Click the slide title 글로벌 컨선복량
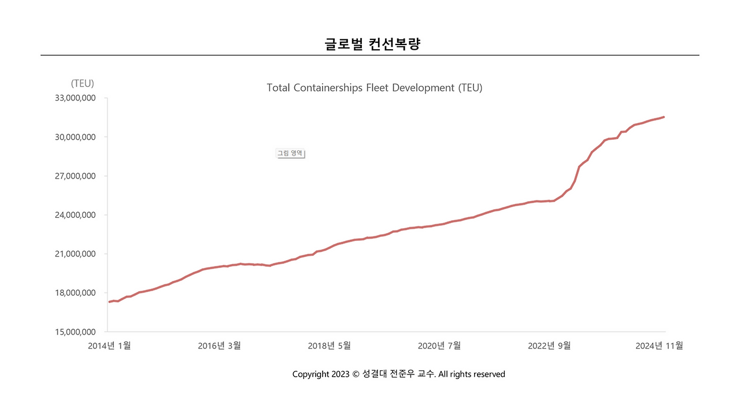tap(372, 44)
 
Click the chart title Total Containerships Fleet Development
tap(374, 88)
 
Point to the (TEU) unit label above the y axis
tap(82, 83)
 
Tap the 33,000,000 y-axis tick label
tap(75, 98)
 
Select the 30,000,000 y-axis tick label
tap(75, 137)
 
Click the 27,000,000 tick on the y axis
tap(75, 176)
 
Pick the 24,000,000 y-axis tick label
tap(75, 215)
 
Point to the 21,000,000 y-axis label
tap(75, 254)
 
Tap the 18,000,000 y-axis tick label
tap(75, 293)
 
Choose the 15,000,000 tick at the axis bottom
tap(75, 332)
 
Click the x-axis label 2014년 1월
tap(109, 346)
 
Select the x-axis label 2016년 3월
tap(219, 346)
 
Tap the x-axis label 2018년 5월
tap(329, 346)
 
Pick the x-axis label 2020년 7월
tap(439, 346)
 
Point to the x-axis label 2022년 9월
tap(549, 346)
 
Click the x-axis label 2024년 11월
tap(659, 346)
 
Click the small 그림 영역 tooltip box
tap(290, 154)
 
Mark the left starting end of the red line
tap(109, 302)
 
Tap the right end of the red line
tap(664, 117)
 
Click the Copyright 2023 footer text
tap(398, 374)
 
